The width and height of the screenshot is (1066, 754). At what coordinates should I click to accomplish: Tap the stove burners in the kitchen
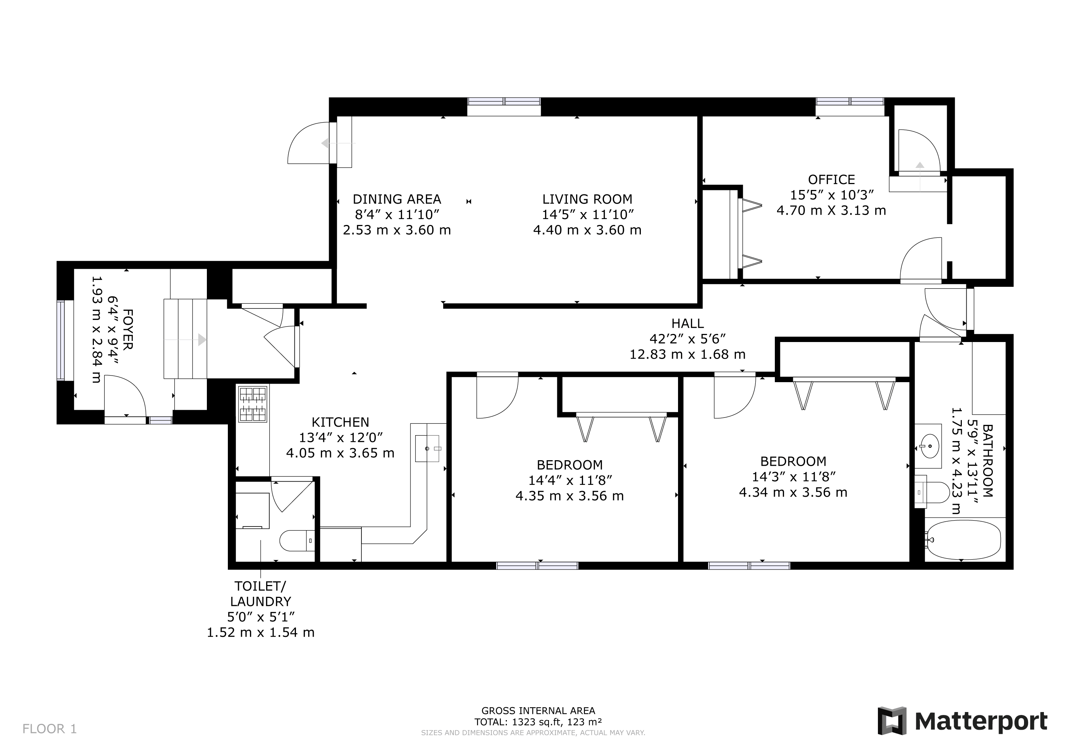pyautogui.click(x=253, y=404)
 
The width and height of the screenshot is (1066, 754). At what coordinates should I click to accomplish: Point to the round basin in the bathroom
pyautogui.click(x=929, y=446)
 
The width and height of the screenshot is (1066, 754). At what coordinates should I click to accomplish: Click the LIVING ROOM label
pyautogui.click(x=587, y=199)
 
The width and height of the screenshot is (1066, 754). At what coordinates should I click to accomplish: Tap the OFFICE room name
pyautogui.click(x=831, y=180)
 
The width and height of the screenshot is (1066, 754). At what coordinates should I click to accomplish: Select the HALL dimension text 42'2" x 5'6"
pyautogui.click(x=687, y=339)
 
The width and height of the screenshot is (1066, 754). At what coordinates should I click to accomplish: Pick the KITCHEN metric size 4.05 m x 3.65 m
pyautogui.click(x=340, y=453)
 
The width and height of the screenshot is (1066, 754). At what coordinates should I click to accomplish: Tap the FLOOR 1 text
pyautogui.click(x=50, y=729)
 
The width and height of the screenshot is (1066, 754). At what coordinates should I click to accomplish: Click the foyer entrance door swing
pyautogui.click(x=124, y=397)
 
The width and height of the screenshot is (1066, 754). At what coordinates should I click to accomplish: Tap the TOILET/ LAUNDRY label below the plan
pyautogui.click(x=261, y=593)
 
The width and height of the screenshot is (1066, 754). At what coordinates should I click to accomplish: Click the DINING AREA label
pyautogui.click(x=396, y=199)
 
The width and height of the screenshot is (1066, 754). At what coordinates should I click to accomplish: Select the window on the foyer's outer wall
pyautogui.click(x=61, y=340)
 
